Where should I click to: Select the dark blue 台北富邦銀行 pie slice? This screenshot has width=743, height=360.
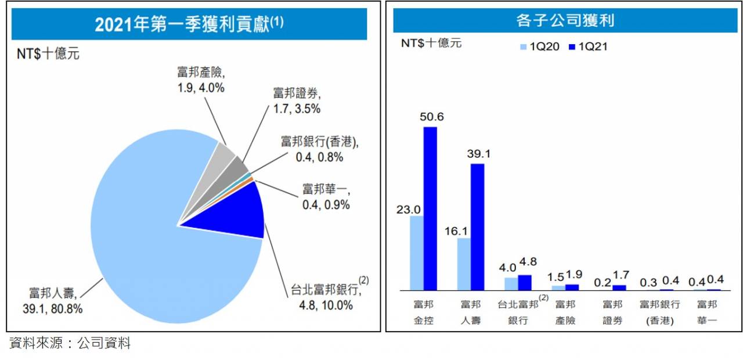coord(238,218)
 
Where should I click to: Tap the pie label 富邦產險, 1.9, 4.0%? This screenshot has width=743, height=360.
coord(201,80)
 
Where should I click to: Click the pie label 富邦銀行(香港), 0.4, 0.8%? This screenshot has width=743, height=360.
coord(320,149)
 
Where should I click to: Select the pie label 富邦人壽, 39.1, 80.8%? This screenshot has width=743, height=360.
coord(56,301)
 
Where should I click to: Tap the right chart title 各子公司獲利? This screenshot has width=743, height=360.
coord(565,21)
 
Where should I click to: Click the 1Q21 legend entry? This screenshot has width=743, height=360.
coord(587,47)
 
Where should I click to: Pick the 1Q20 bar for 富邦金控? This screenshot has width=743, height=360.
coord(416,253)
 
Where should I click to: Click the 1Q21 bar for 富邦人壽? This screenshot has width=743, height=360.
coord(477,226)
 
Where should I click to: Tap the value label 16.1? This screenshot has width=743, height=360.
coord(463,231)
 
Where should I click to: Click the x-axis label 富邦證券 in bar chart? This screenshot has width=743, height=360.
coord(612,312)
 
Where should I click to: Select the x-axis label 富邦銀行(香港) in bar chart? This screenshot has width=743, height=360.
coord(659,312)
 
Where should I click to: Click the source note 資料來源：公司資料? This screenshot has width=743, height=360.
coord(70,344)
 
